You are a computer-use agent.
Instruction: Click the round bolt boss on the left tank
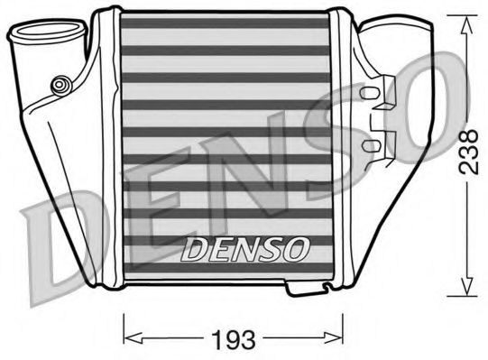click(61, 85)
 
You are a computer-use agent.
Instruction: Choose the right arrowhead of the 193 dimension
click(342, 338)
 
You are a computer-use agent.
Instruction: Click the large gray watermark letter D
click(54, 244)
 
